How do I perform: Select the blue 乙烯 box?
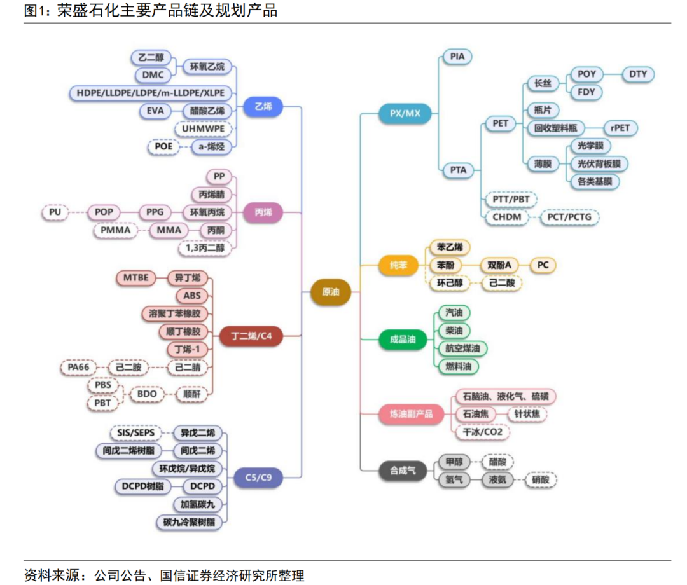(263, 107)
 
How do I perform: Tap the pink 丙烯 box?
(263, 212)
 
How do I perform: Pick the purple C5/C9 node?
(258, 476)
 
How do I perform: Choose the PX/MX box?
(405, 114)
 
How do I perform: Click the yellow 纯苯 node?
(398, 265)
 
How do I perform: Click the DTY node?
(638, 74)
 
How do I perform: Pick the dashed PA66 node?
(78, 367)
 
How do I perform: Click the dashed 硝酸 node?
(541, 480)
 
